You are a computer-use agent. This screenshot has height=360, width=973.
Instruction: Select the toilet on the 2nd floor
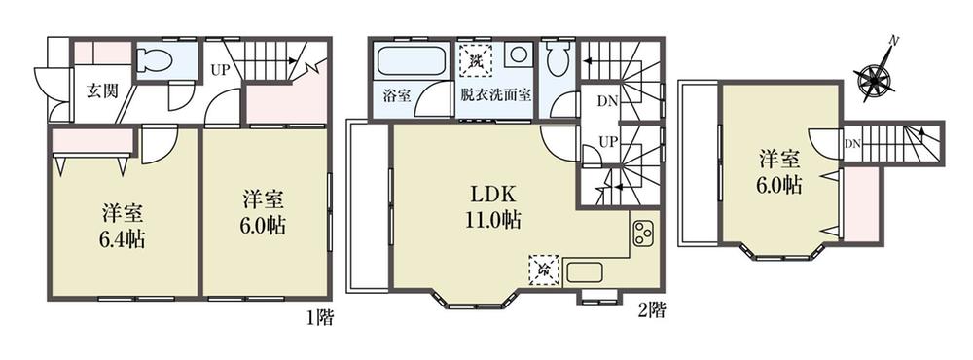(557, 61)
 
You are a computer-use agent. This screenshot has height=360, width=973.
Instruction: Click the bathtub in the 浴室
(409, 62)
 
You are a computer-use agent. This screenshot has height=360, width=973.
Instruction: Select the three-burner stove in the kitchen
(642, 234)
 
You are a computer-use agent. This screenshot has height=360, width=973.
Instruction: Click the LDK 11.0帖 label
(496, 206)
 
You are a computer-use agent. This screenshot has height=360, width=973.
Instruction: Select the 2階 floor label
(652, 312)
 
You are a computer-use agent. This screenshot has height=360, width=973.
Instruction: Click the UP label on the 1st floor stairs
(221, 69)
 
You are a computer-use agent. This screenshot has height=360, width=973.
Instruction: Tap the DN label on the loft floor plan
(851, 145)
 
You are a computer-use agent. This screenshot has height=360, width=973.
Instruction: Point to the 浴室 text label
(396, 96)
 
